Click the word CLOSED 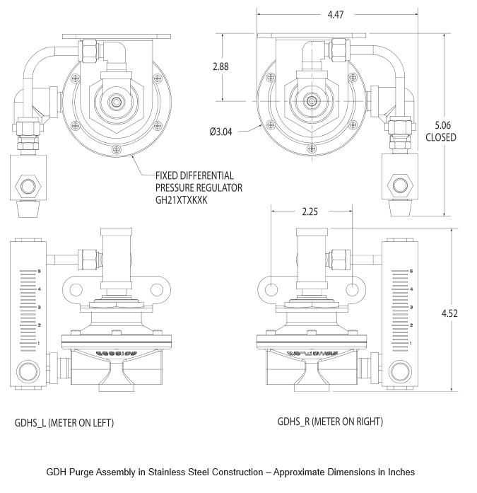click(440, 137)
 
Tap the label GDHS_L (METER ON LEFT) click(64, 423)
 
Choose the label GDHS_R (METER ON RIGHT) click(330, 422)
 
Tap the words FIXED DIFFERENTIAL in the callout click(194, 175)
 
